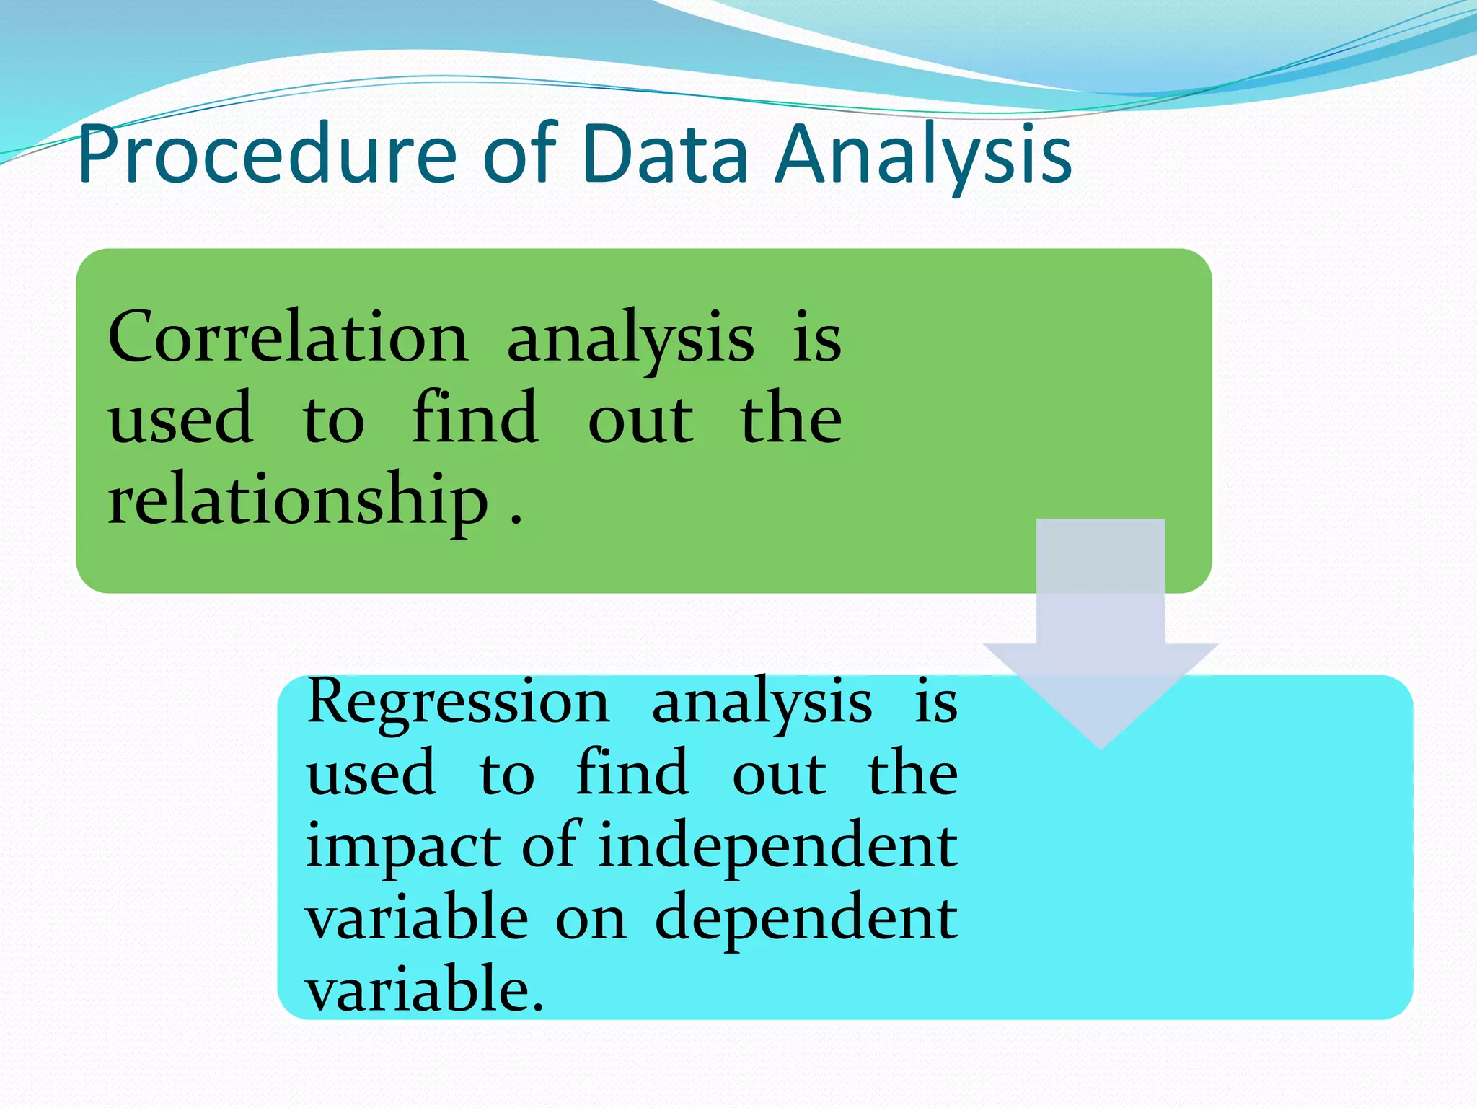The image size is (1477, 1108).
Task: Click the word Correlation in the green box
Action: pos(288,338)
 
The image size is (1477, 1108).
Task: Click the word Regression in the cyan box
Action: pos(458,702)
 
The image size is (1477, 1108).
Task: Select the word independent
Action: pos(777,848)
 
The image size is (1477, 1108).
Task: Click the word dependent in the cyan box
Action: pos(806,919)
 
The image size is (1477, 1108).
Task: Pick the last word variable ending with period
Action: pos(424,989)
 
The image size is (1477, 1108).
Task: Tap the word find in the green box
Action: pos(475,418)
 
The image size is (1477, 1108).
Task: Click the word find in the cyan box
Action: pos(632,773)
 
